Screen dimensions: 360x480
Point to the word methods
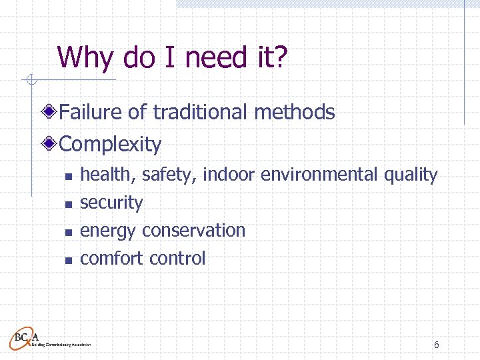[295, 112]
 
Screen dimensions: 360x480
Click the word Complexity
[110, 144]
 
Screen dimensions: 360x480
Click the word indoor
[229, 175]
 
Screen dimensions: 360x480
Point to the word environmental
[320, 175]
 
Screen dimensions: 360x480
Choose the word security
[111, 203]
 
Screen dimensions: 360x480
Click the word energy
[109, 231]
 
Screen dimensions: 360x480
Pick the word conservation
[194, 231]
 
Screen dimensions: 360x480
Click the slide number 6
[436, 345]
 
